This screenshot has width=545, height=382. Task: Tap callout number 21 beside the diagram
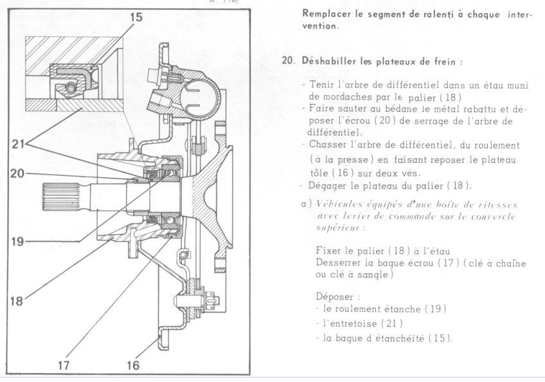19,144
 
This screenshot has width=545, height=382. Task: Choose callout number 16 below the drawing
133,365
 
